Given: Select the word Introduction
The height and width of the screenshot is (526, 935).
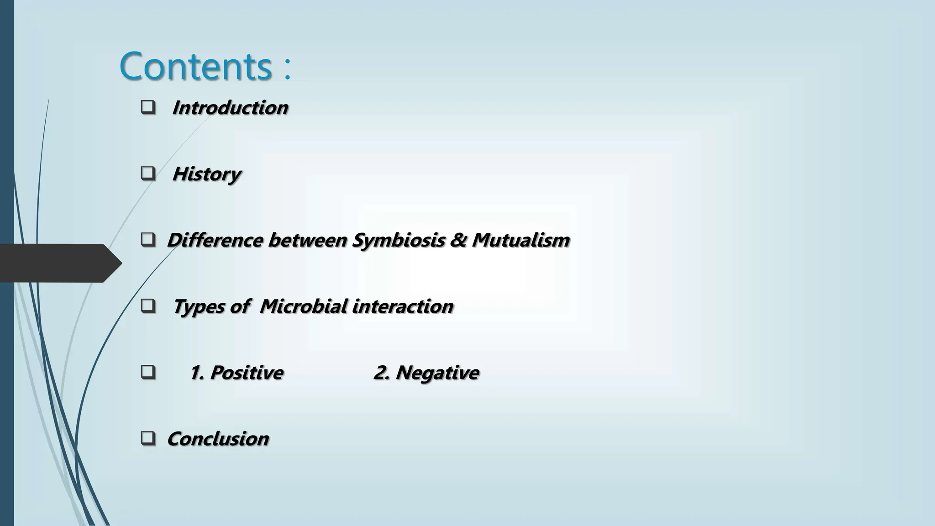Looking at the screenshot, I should (230, 108).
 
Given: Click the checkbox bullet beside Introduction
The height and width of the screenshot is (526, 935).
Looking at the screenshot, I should (148, 108).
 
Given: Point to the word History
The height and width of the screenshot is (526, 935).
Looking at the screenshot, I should (206, 174).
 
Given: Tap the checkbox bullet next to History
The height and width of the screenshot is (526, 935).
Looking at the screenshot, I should (148, 174).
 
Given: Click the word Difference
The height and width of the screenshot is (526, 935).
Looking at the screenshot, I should (215, 241).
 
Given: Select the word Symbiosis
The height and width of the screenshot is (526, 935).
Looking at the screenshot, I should (398, 241).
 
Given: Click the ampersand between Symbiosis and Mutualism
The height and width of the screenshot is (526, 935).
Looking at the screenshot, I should (458, 241).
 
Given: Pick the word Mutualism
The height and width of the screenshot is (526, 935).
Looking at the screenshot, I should (521, 241).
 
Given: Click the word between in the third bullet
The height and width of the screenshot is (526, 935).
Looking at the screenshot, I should (307, 241).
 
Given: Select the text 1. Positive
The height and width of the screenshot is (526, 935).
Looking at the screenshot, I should (236, 373).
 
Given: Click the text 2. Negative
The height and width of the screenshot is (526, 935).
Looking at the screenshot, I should (426, 373).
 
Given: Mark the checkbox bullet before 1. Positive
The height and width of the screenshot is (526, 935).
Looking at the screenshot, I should (148, 373).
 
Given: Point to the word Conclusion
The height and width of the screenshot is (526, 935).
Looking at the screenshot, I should (218, 439).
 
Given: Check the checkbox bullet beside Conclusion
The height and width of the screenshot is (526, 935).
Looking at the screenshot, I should (148, 439).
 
